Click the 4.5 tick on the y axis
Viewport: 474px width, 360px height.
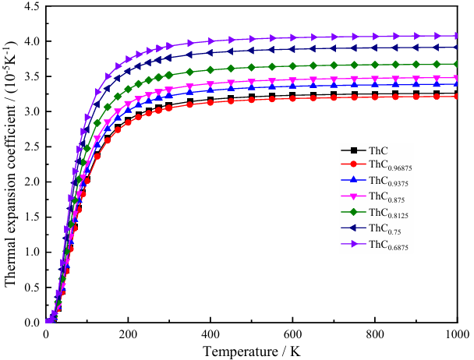[x=31, y=6]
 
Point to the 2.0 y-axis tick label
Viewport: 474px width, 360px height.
[x=31, y=182]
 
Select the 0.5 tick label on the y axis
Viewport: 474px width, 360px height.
[x=31, y=287]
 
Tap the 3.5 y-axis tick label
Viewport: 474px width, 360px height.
[x=31, y=76]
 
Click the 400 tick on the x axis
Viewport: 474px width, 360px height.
[x=210, y=334]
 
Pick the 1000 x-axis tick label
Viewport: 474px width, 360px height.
[x=456, y=334]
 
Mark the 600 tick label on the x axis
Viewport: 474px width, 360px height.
[x=292, y=334]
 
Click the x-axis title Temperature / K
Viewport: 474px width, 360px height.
[x=251, y=351]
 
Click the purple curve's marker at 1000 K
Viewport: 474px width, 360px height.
[x=457, y=35]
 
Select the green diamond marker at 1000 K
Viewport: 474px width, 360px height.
[x=457, y=64]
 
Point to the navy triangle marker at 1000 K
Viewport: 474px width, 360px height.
[x=457, y=47]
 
